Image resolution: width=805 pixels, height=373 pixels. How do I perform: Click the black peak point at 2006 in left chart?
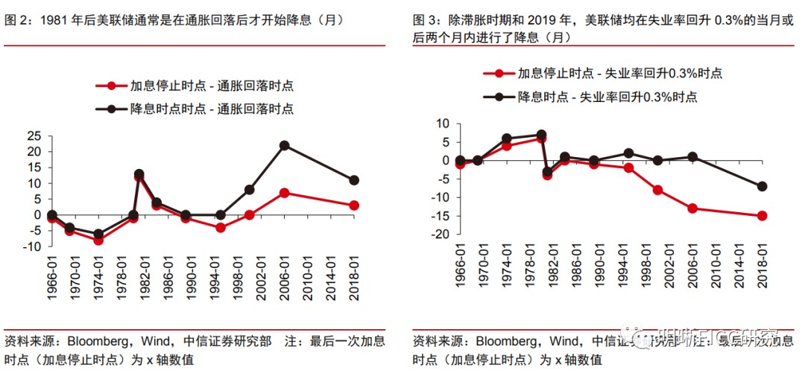(284, 146)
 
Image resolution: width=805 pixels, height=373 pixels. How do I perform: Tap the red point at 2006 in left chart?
(284, 193)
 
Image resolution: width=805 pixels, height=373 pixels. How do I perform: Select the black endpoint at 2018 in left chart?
(354, 180)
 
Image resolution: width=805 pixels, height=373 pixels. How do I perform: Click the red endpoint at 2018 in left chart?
(354, 205)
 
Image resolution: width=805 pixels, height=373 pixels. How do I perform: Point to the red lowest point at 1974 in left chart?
(98, 240)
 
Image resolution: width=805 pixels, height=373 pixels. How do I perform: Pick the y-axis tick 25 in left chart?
(34, 136)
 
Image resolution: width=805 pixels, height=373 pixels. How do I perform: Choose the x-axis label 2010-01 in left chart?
(308, 279)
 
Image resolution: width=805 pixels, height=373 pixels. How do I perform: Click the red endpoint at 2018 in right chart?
(762, 216)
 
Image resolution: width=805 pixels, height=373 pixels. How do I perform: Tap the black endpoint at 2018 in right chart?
(762, 186)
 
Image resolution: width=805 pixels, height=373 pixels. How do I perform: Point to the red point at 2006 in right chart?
(692, 208)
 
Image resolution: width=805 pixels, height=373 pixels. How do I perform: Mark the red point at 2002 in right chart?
(657, 190)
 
